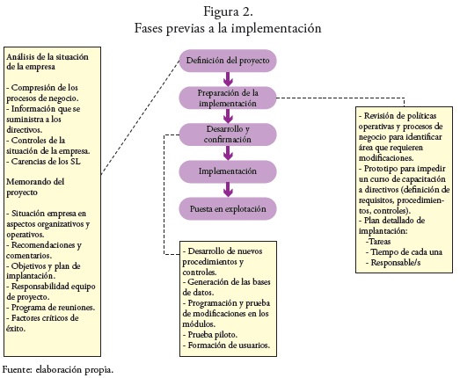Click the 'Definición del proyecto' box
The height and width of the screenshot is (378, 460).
(x=228, y=61)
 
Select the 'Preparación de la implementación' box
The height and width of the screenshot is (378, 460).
(x=228, y=98)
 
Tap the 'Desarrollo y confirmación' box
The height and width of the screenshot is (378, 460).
(x=228, y=134)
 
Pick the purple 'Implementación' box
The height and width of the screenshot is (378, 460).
(x=228, y=171)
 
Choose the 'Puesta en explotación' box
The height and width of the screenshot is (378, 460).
(x=228, y=209)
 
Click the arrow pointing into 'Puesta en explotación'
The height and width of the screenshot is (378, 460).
(x=228, y=190)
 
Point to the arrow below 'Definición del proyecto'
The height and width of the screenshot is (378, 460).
(x=228, y=79)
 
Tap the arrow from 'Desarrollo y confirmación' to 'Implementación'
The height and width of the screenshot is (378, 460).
(x=228, y=153)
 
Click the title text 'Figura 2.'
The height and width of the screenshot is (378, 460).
(x=228, y=11)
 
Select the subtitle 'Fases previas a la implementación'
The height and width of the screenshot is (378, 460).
(x=228, y=28)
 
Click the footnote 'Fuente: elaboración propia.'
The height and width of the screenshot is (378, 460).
(x=58, y=370)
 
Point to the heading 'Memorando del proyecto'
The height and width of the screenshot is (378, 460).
(x=35, y=186)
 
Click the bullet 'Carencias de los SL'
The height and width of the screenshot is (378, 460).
(x=43, y=162)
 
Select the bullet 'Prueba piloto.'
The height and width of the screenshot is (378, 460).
(x=209, y=335)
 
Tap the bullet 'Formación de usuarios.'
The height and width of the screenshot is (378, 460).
(x=226, y=345)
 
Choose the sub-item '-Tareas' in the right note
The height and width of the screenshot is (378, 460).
(x=378, y=242)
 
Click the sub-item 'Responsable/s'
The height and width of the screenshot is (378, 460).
(x=393, y=263)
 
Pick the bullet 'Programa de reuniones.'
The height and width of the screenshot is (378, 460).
(x=50, y=308)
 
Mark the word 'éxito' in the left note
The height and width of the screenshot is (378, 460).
(x=15, y=328)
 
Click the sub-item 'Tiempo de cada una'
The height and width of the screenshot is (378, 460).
(x=404, y=252)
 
